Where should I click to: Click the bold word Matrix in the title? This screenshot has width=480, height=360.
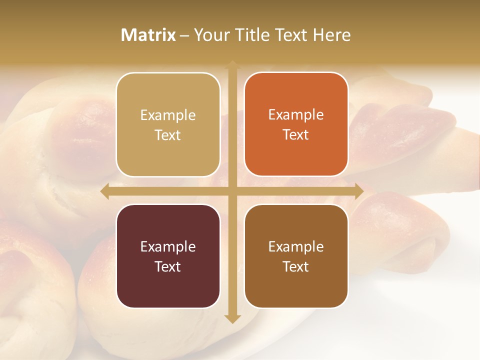coord(148,35)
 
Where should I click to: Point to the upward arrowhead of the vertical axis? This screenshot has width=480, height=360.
coord(232,65)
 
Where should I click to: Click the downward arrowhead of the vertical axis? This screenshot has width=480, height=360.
coord(232,318)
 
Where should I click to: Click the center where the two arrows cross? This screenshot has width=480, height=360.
coord(232,191)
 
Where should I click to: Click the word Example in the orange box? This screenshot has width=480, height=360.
coord(296,115)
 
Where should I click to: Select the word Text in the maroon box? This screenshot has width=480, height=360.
coord(168,266)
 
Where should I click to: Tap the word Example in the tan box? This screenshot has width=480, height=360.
coord(168,115)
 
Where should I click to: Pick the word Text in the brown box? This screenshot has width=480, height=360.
coord(296,266)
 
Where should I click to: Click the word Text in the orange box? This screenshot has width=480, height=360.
coord(296,135)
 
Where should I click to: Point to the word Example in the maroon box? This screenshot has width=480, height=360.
coord(168,246)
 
